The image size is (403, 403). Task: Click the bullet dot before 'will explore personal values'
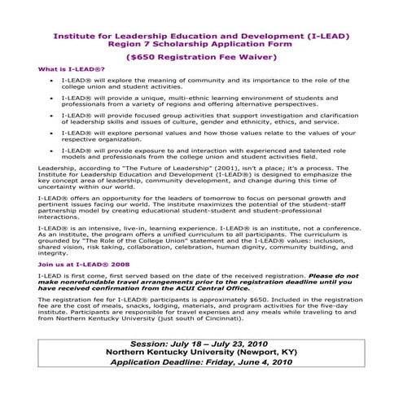(52, 152)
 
